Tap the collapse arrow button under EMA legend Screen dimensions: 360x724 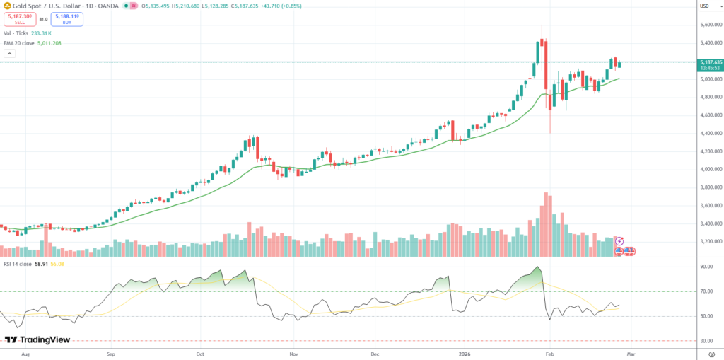[x=8, y=53]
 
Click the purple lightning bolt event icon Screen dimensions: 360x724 [x=619, y=241]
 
